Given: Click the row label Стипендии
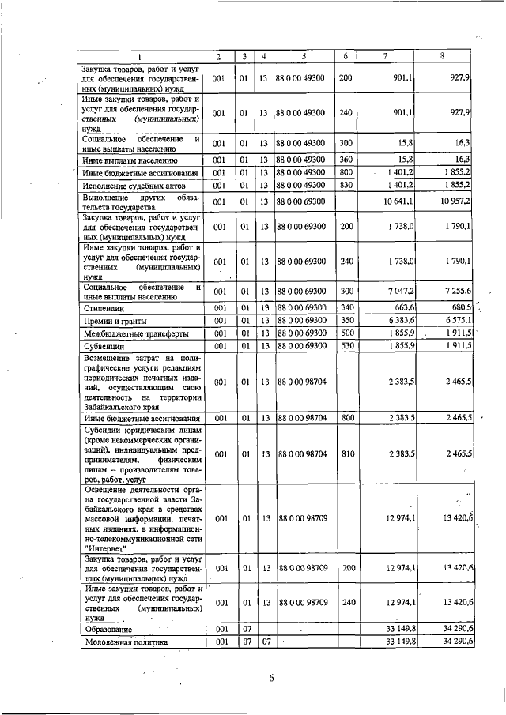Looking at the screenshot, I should click(x=105, y=307).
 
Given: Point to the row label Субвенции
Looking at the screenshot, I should click(x=104, y=346).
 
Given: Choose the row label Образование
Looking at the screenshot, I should click(x=110, y=629).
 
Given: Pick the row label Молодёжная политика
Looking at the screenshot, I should click(x=125, y=642).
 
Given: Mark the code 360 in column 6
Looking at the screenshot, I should click(x=346, y=160).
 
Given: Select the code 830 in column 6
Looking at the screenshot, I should click(x=346, y=185).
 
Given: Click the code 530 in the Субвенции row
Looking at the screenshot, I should click(x=346, y=346).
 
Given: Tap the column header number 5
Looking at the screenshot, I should click(x=304, y=56).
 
